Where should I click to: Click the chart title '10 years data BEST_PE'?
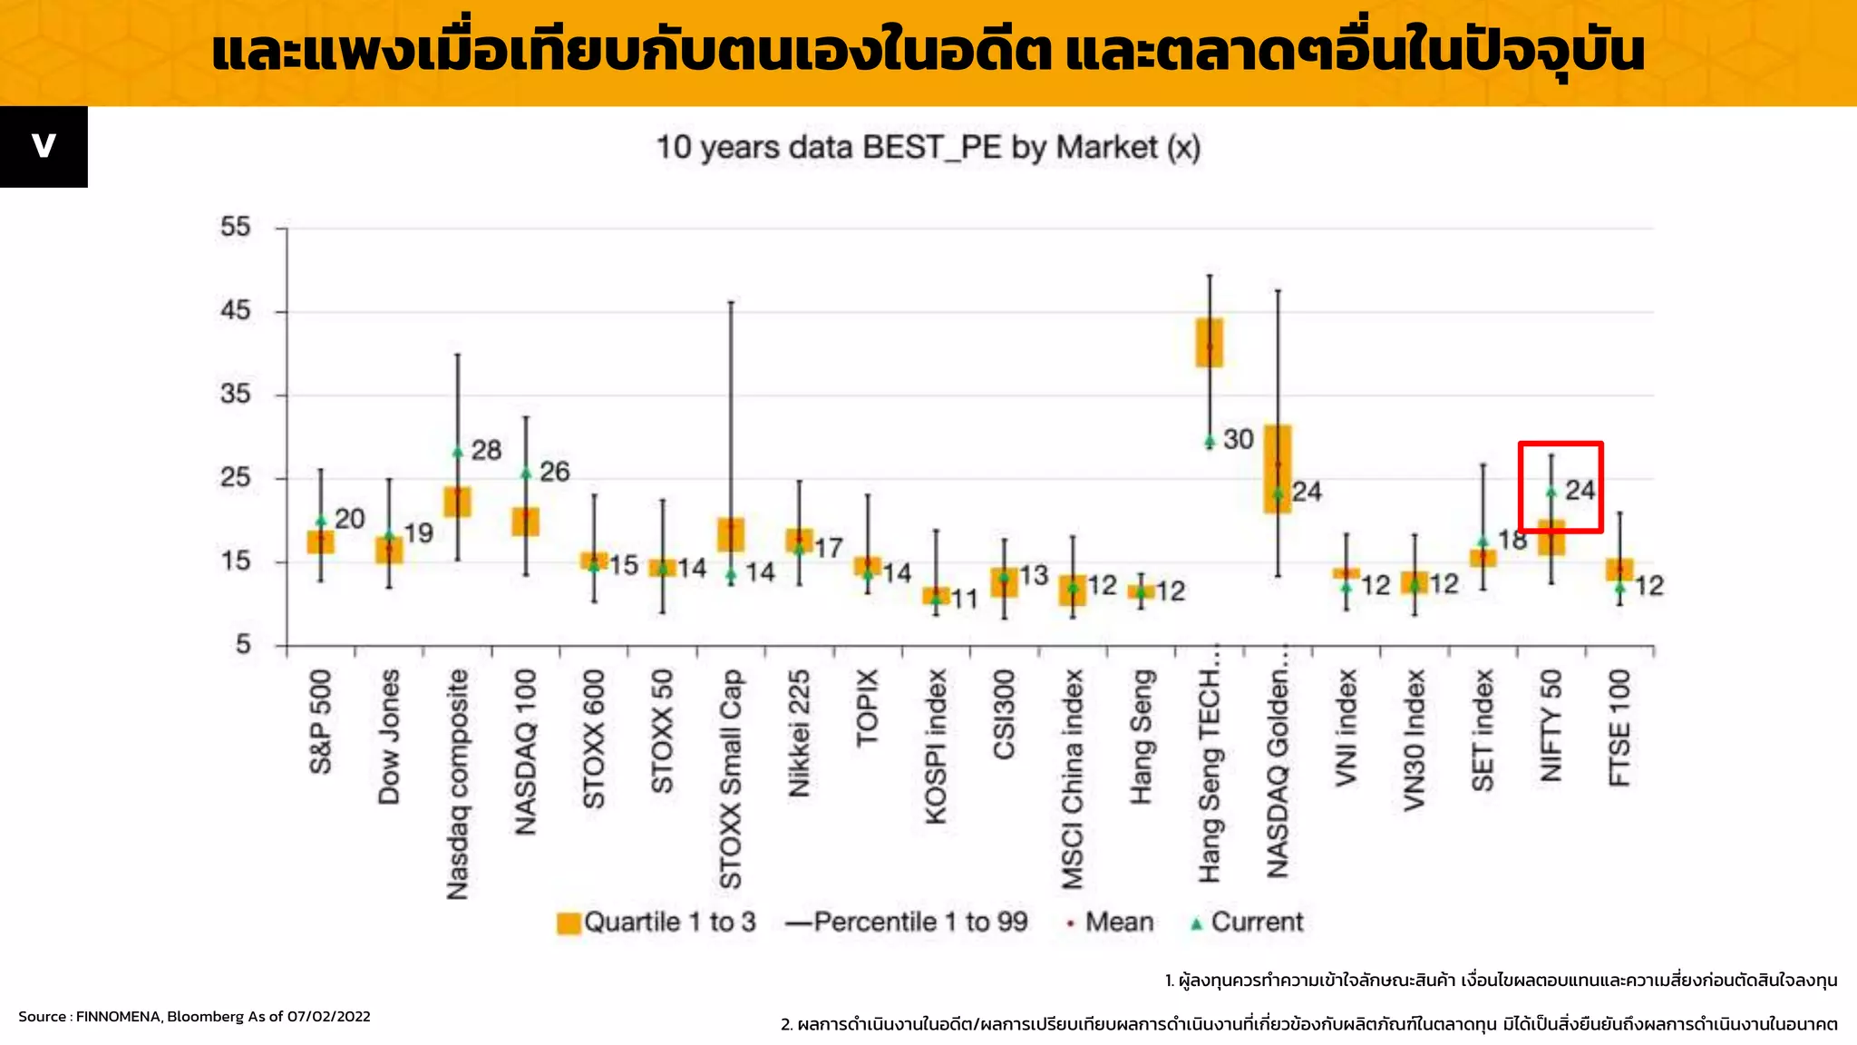click(x=928, y=148)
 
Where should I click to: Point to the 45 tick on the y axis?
click(x=235, y=311)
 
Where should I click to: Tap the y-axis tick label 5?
click(x=243, y=645)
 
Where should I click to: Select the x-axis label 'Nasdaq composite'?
click(x=458, y=785)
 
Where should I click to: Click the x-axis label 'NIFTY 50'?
click(x=1551, y=726)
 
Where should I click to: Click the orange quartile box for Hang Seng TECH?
click(x=1210, y=342)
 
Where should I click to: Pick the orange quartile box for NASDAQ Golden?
click(x=1278, y=468)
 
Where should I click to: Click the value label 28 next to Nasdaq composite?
click(x=486, y=450)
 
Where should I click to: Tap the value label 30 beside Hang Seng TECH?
click(x=1238, y=440)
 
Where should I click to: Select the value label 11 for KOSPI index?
click(x=964, y=600)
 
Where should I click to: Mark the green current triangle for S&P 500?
click(x=321, y=521)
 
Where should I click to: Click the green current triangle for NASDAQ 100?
click(x=526, y=474)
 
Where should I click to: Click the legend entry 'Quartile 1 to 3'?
click(x=656, y=923)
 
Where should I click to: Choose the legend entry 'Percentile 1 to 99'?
click(x=907, y=923)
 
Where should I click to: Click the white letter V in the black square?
click(x=44, y=146)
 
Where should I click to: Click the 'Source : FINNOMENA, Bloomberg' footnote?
click(x=194, y=1017)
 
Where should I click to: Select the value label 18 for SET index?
click(x=1512, y=541)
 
